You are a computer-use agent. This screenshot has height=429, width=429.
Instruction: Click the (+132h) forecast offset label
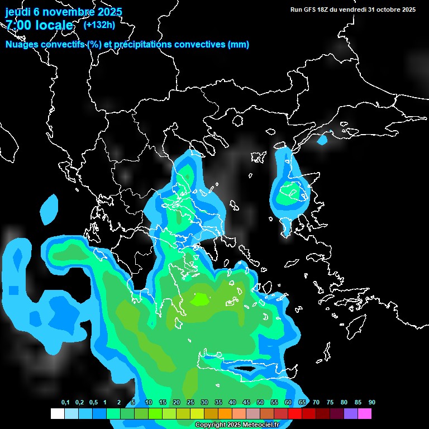[99, 25]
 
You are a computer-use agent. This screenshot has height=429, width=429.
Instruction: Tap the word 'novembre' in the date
[69, 12]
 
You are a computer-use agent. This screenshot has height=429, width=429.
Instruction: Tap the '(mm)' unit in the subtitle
[239, 45]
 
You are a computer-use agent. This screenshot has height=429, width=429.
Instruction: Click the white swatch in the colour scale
[57, 414]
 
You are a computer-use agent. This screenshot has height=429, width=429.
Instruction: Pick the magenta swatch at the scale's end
[365, 414]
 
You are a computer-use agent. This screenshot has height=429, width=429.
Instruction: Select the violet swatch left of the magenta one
[351, 414]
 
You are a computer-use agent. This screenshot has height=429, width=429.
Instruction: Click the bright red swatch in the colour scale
[295, 414]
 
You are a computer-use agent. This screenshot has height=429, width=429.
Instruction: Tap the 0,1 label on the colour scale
[65, 403]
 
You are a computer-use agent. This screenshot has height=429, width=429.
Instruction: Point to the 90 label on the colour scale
[372, 403]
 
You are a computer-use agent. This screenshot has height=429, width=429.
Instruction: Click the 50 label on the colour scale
[260, 403]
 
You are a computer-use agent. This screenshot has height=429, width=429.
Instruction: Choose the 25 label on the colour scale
[190, 403]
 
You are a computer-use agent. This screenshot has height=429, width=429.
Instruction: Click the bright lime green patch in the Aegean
[199, 300]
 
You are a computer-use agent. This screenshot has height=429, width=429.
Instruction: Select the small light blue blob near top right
[322, 140]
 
